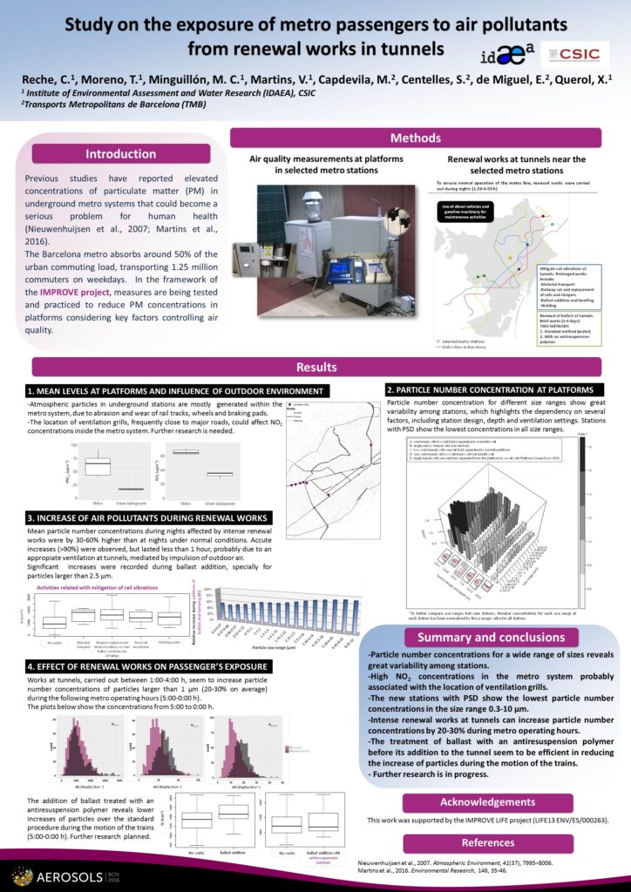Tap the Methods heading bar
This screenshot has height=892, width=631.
click(415, 139)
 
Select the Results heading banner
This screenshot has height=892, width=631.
click(316, 368)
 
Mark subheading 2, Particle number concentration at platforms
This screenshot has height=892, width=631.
click(493, 389)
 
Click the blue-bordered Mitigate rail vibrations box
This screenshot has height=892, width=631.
click(567, 287)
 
